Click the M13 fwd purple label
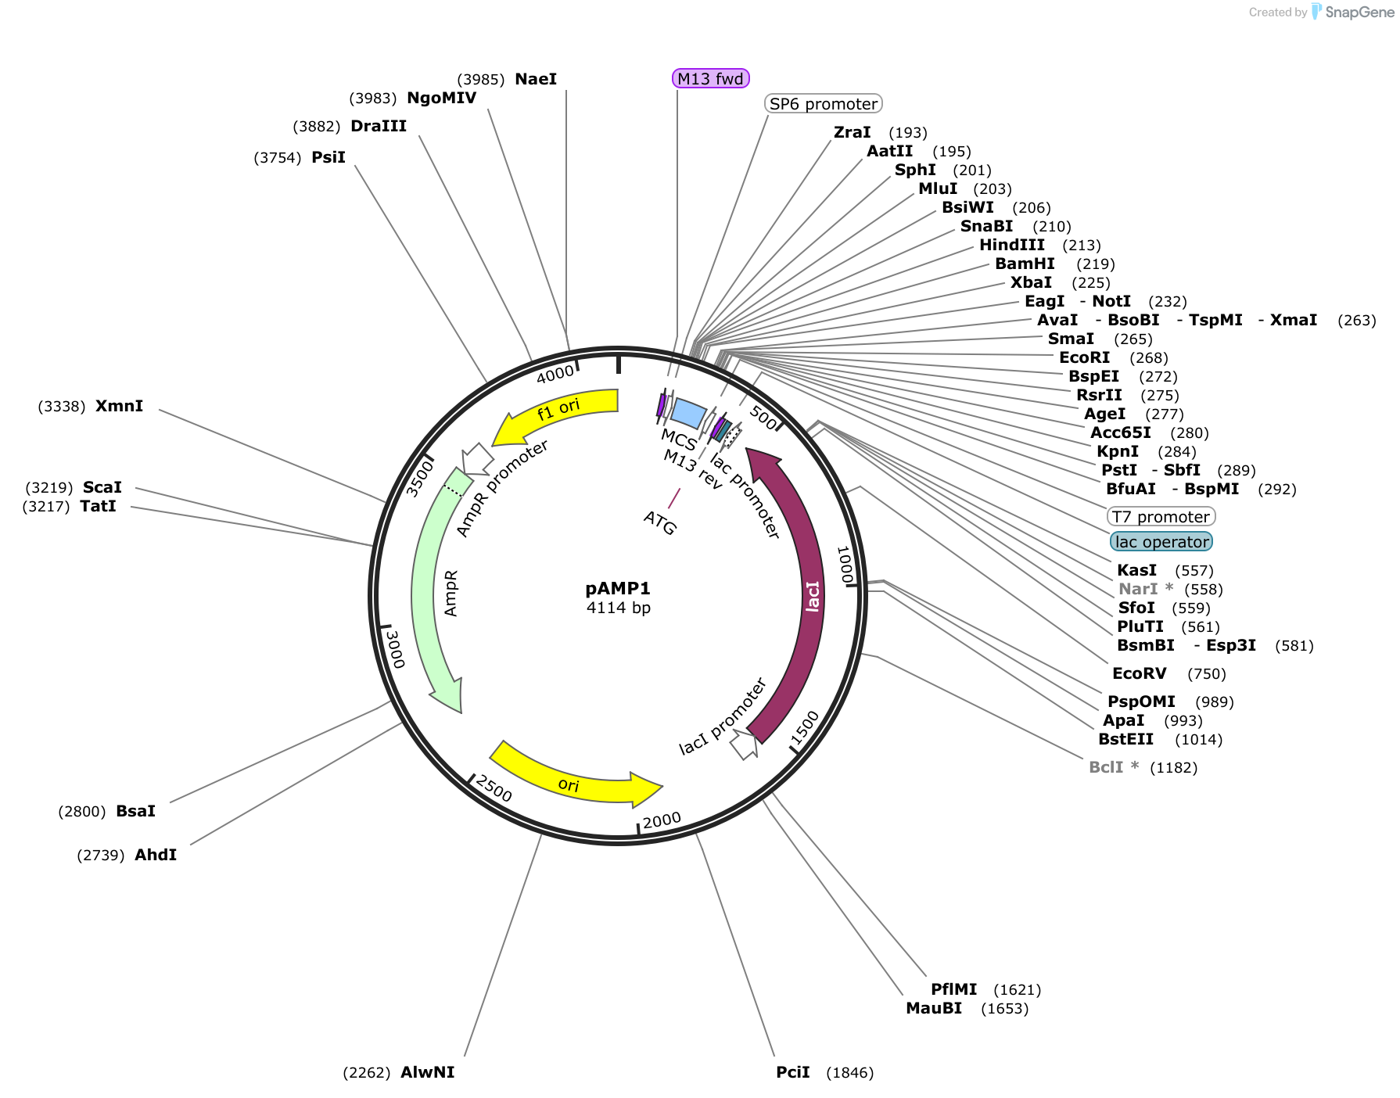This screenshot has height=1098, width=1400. pos(711,78)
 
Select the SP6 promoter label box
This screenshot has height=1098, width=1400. pos(824,104)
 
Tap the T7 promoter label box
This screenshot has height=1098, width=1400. pos(1161,516)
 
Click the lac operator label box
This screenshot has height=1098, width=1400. pos(1161,541)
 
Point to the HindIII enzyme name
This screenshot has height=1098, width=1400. pos(1012,245)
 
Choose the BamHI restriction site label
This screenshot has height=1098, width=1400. pos(1025,264)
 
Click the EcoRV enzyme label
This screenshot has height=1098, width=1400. pos(1140,673)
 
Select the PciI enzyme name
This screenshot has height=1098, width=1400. pos(793,1072)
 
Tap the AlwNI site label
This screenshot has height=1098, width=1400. pos(428,1072)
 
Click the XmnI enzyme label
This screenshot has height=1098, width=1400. pos(119,406)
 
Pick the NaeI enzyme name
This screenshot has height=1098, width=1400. pos(536,79)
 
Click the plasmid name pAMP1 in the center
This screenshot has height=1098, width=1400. pos(618,588)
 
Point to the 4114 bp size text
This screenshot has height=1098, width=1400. pos(618,608)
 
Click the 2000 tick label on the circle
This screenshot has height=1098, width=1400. pos(662,820)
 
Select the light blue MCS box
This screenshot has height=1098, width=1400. pos(688,413)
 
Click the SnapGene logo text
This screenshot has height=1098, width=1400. pos(1359,12)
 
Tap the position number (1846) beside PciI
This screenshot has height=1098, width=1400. pos(850,1073)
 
